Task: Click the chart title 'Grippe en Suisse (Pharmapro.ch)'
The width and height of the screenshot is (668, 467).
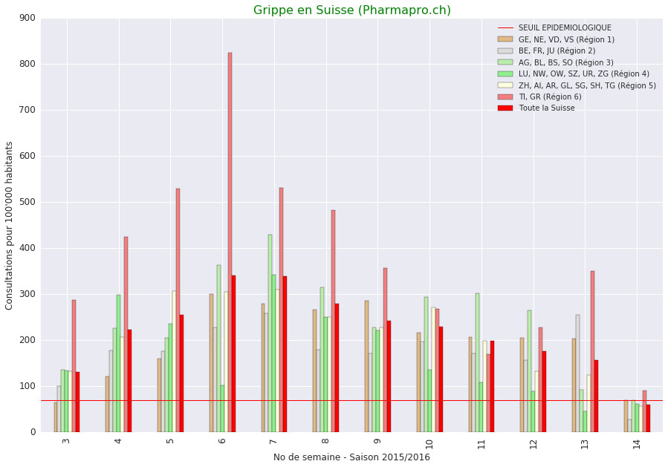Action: [x=351, y=10]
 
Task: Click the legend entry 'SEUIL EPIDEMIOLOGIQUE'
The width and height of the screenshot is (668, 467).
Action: [x=565, y=28]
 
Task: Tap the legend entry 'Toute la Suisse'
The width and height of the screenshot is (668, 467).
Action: [x=546, y=108]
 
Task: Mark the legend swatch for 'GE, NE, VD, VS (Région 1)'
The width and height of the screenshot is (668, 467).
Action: [x=505, y=39]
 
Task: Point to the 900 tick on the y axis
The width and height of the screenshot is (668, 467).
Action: [x=27, y=18]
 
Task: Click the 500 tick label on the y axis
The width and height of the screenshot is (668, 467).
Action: [x=27, y=202]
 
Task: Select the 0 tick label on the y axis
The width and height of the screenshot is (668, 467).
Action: [x=33, y=432]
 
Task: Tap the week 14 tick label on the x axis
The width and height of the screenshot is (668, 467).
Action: [x=637, y=443]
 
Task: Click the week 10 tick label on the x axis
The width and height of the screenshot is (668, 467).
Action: [x=429, y=443]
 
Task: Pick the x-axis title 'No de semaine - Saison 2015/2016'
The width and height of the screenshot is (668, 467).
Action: [x=351, y=457]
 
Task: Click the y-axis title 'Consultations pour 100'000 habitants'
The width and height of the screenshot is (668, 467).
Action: [x=10, y=225]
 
